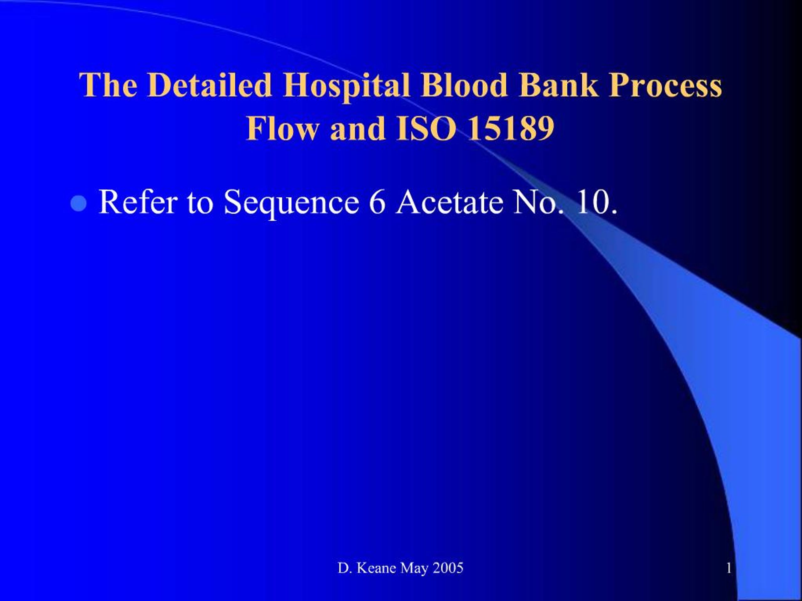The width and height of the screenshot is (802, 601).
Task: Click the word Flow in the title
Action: (x=283, y=129)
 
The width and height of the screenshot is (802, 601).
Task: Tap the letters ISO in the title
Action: (x=426, y=129)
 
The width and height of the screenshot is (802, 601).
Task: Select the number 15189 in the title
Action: (x=511, y=129)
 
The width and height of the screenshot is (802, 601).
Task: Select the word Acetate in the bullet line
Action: (x=450, y=202)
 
